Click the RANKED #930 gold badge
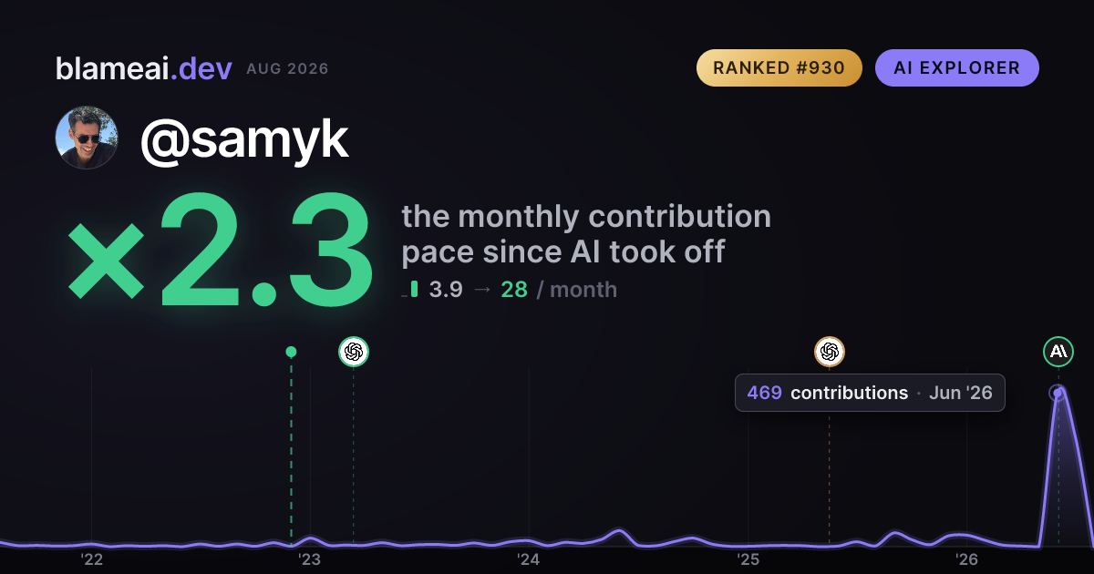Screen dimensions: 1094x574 click(x=779, y=67)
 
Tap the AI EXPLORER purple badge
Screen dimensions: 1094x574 click(x=956, y=67)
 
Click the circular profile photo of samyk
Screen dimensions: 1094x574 click(x=87, y=138)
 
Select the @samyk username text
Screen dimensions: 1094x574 click(x=244, y=140)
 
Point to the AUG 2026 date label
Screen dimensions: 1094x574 click(x=287, y=69)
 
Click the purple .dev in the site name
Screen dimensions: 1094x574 click(x=201, y=68)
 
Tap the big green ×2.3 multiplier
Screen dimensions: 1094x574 click(x=221, y=249)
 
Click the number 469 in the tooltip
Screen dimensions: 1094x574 click(x=764, y=393)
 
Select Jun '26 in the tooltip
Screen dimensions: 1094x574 click(x=961, y=393)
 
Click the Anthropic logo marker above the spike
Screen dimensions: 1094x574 click(x=1058, y=352)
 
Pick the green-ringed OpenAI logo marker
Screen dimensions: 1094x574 click(x=354, y=352)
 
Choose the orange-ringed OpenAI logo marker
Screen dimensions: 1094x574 click(x=830, y=352)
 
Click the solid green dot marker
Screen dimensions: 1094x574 click(x=291, y=352)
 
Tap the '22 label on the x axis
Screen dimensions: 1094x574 click(x=91, y=559)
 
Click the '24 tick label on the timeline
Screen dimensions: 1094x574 click(x=529, y=559)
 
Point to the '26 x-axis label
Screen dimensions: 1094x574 click(x=966, y=559)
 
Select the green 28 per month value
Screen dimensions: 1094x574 click(x=514, y=290)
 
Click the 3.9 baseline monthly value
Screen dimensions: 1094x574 click(x=446, y=290)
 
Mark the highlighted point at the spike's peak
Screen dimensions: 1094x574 click(x=1058, y=393)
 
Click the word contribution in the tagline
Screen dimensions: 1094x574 click(x=679, y=216)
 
